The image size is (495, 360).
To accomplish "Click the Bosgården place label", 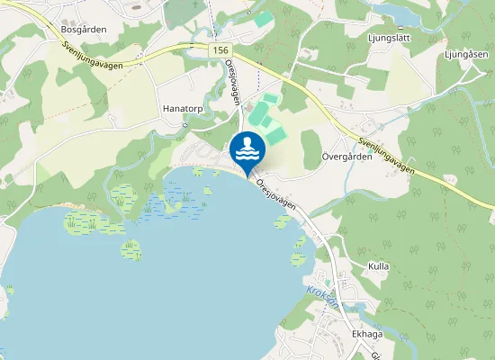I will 84,30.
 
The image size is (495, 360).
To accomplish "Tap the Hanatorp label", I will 183,108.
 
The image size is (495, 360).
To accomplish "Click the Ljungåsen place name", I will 464,53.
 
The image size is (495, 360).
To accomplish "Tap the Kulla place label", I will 378,267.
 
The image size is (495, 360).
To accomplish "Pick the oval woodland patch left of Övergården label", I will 310,148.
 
